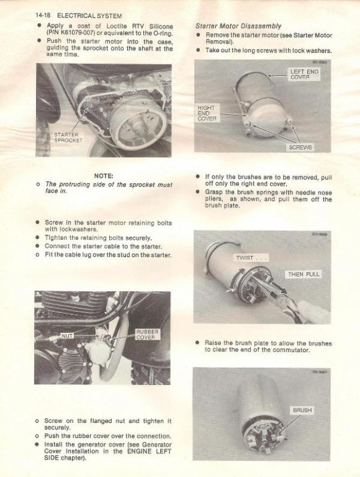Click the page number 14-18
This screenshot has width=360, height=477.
(x=43, y=15)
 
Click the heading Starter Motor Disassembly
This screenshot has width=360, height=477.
(x=238, y=26)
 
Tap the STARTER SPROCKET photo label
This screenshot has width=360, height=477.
(x=68, y=137)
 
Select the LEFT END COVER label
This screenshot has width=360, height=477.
(x=304, y=75)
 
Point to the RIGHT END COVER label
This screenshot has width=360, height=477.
(x=207, y=113)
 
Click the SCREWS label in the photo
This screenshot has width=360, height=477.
(x=300, y=148)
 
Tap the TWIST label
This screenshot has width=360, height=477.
(x=251, y=258)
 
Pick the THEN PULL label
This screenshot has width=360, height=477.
(x=304, y=274)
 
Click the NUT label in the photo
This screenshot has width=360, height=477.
(x=67, y=336)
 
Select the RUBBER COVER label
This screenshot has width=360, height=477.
(x=147, y=334)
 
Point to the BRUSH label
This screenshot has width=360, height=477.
(x=302, y=410)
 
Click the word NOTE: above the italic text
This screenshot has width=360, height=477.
(x=104, y=176)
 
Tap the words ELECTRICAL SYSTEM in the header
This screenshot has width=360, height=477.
(x=89, y=16)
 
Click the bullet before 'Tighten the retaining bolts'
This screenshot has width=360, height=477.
(x=37, y=238)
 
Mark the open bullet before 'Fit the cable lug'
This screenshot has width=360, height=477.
(x=37, y=255)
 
